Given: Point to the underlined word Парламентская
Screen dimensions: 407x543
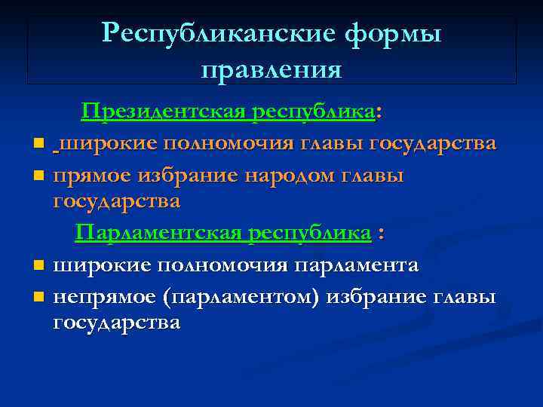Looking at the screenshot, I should pyautogui.click(x=159, y=233).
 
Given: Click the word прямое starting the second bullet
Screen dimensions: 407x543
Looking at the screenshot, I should pyautogui.click(x=93, y=175).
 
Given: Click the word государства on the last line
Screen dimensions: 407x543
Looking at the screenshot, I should pyautogui.click(x=117, y=323).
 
